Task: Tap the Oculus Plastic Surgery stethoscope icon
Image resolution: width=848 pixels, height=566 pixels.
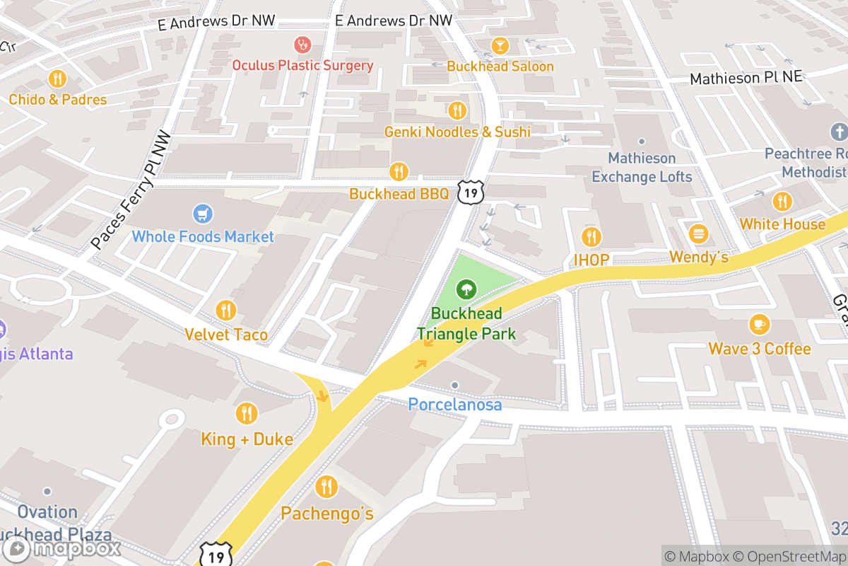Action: [x=303, y=45]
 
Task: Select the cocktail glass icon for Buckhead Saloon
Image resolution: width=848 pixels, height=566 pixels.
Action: [x=500, y=45]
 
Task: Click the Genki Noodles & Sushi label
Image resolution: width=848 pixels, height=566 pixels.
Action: [x=457, y=132]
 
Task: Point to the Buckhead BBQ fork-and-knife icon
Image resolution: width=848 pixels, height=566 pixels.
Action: [x=399, y=171]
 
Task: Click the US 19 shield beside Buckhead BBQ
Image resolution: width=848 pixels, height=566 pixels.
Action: [x=470, y=190]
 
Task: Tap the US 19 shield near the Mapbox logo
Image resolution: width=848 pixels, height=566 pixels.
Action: [x=216, y=555]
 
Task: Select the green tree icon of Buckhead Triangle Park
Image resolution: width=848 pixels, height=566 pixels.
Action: [x=466, y=289]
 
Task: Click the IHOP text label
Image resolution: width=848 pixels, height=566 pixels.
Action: [x=591, y=260]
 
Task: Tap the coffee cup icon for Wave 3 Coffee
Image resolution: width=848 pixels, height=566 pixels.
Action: [x=759, y=325]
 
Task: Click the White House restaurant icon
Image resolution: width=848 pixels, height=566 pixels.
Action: [x=782, y=201]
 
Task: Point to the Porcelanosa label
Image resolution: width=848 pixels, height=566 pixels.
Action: [x=455, y=405]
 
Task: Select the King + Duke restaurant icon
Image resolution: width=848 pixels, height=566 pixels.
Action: [x=247, y=413]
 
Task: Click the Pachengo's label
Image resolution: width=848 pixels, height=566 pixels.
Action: [x=327, y=513]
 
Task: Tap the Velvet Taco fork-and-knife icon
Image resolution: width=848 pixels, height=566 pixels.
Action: [x=226, y=310]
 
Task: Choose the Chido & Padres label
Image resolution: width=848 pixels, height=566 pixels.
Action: [x=58, y=99]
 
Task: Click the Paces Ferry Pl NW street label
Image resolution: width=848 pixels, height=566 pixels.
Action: [x=131, y=190]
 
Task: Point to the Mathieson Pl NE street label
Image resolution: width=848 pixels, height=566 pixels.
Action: [x=746, y=76]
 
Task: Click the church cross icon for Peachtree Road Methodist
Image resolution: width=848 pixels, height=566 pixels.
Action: [x=839, y=132]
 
